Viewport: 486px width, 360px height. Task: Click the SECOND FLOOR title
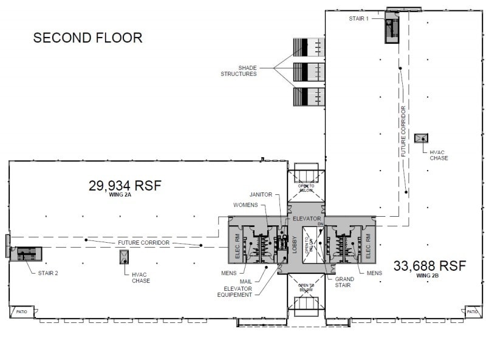87,38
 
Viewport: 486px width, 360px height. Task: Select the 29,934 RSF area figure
125,186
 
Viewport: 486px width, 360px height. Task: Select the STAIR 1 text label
358,19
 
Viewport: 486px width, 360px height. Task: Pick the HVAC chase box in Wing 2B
421,138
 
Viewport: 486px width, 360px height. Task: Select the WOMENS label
246,205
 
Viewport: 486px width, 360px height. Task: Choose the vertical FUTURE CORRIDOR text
403,131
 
